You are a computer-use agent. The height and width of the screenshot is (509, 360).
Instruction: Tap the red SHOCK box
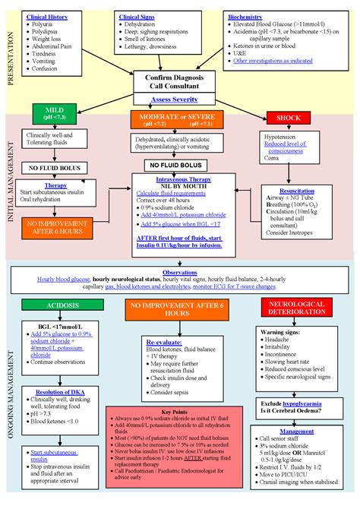(288, 118)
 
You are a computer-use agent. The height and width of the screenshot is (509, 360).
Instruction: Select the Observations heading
(180, 272)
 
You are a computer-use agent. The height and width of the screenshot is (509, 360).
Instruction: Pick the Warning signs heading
(283, 332)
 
